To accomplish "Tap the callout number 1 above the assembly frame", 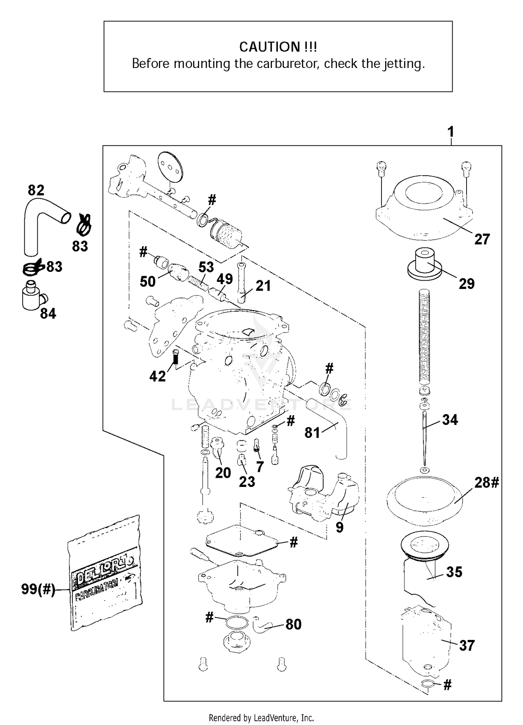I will tap(450, 132).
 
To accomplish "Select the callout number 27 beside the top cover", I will tap(482, 239).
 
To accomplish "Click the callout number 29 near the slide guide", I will tap(467, 284).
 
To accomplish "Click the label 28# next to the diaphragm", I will tap(486, 483).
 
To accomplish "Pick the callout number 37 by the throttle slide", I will tap(467, 646).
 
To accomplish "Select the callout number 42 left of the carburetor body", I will tap(157, 376).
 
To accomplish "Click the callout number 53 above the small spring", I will tap(206, 267).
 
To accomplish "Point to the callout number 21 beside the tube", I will tap(263, 286).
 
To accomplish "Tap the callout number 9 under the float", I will tap(339, 527).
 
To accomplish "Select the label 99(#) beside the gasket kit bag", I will tap(38, 589).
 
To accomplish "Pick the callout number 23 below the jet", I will tap(247, 482).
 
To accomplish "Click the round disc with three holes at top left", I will tap(170, 166).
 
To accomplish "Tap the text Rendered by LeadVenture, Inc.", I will tap(261, 718).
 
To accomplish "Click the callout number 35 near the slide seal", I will tap(454, 572).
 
